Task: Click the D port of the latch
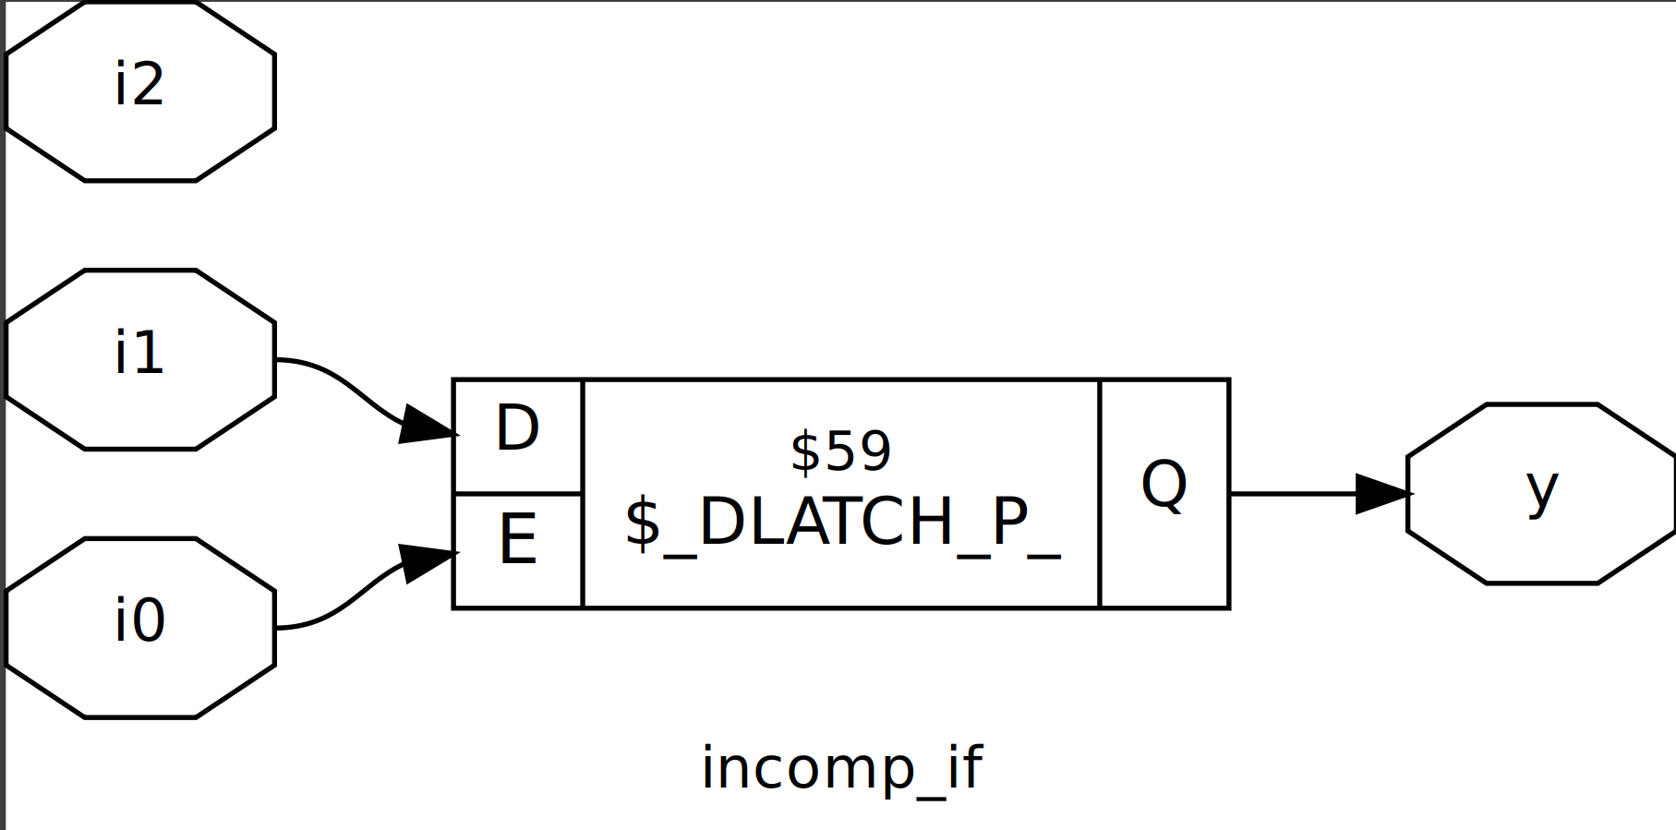coord(517,436)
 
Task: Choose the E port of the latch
coord(517,550)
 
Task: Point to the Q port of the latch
coord(1164,493)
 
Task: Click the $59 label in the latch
coord(840,451)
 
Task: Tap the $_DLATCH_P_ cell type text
coord(842,523)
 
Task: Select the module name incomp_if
coord(841,767)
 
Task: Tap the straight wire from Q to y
coord(1293,494)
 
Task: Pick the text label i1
coord(139,353)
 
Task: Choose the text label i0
coord(139,620)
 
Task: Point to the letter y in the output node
coord(1541,489)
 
